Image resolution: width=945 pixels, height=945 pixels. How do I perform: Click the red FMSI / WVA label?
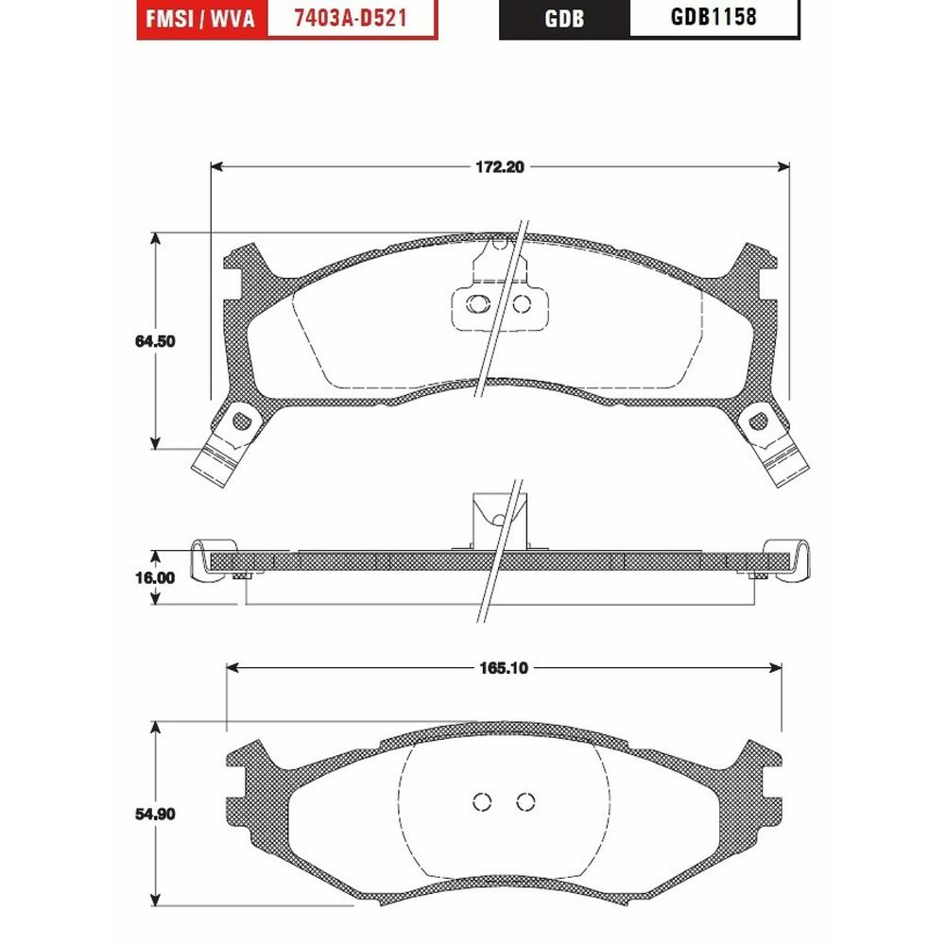[x=201, y=19]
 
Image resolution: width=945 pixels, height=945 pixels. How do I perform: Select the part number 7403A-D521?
[x=351, y=18]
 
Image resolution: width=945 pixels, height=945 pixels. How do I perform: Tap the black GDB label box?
[x=564, y=19]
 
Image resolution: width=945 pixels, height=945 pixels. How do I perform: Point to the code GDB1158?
[x=713, y=17]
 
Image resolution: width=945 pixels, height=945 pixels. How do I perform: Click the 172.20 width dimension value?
[x=500, y=167]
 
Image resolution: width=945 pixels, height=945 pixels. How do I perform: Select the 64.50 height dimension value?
[x=155, y=341]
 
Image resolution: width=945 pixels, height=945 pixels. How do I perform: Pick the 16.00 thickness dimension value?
[x=155, y=577]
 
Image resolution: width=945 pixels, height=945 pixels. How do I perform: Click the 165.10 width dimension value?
[x=504, y=668]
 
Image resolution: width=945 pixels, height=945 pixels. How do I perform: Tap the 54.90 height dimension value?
[x=155, y=814]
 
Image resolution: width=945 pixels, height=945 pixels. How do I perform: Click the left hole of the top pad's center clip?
[x=478, y=303]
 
